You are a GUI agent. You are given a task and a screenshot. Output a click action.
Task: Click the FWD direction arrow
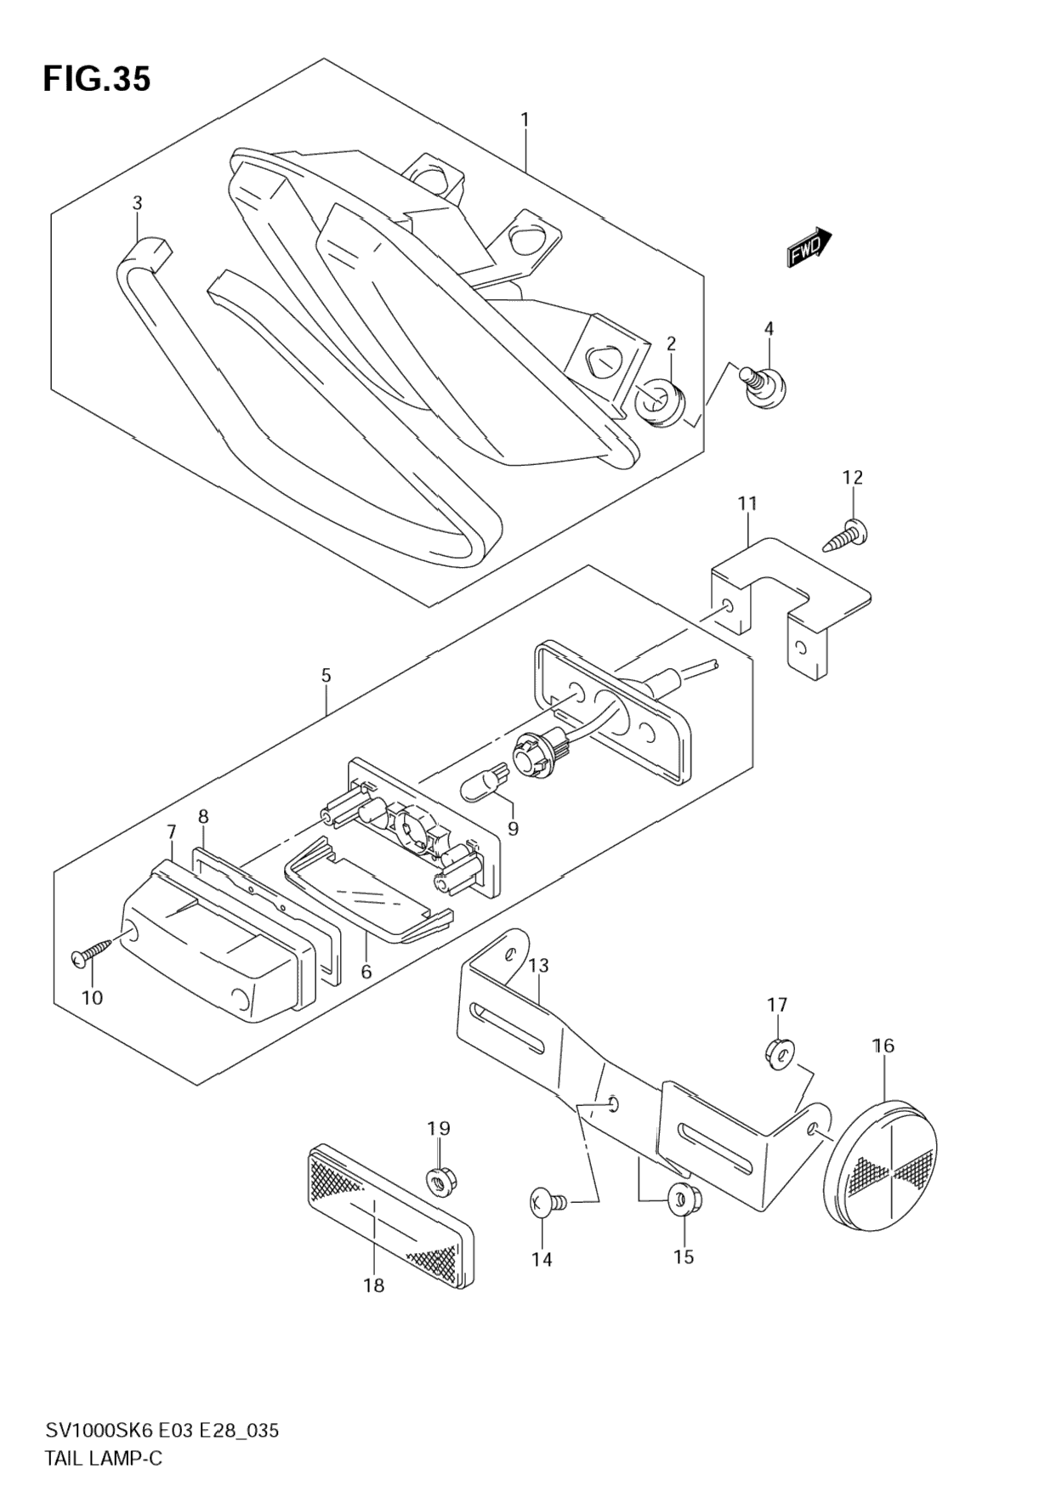pyautogui.click(x=808, y=247)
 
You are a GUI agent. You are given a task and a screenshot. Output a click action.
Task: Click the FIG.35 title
pyautogui.click(x=97, y=78)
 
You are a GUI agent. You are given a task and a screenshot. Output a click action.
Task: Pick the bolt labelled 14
pyautogui.click(x=544, y=1202)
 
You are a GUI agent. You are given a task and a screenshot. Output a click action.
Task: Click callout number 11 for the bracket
pyautogui.click(x=747, y=503)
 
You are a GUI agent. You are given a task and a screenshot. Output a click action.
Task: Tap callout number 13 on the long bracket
pyautogui.click(x=538, y=966)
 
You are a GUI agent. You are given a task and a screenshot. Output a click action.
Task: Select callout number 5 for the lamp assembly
pyautogui.click(x=327, y=677)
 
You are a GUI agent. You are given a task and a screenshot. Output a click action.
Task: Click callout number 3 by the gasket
pyautogui.click(x=137, y=202)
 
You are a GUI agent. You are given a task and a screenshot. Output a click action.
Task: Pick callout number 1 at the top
pyautogui.click(x=525, y=119)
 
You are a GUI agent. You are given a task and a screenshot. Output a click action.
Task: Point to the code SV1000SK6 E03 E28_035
pyautogui.click(x=161, y=1431)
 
